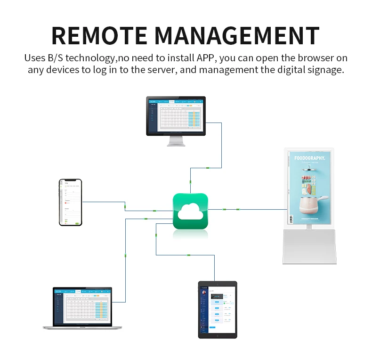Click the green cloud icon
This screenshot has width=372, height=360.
pyautogui.click(x=190, y=211)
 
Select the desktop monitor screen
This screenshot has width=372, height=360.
pyautogui.click(x=176, y=115)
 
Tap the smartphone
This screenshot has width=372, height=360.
pyautogui.click(x=70, y=202)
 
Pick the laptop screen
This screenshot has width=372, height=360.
pyautogui.click(x=82, y=306)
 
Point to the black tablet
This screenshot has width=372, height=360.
pyautogui.click(x=217, y=309)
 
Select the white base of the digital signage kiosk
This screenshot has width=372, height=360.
pyautogui.click(x=309, y=247)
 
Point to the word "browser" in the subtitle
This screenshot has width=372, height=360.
pyautogui.click(x=313, y=58)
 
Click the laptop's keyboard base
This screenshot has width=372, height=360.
pyautogui.click(x=82, y=326)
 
